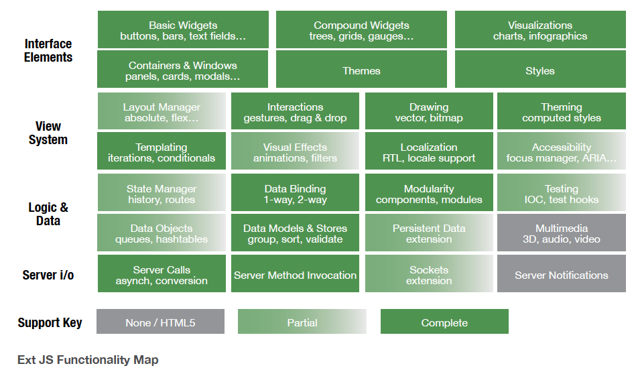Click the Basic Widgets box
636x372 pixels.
pos(183,29)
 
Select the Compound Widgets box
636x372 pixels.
pos(361,29)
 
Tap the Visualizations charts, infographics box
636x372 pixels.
pos(540,29)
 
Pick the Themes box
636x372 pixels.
pos(361,69)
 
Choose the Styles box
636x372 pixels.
pos(540,69)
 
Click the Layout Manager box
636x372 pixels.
pos(162,111)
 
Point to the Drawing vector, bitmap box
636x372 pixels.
pos(429,111)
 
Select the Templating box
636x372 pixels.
pos(162,151)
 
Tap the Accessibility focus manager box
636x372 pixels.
pos(562,151)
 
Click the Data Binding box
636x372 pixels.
pos(296,192)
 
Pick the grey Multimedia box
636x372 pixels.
pos(562,233)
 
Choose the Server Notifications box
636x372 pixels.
pos(562,273)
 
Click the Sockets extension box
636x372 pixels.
pos(429,273)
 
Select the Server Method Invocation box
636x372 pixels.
pos(296,273)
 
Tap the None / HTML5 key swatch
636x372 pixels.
pos(160,322)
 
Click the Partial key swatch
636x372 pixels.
pos(302,322)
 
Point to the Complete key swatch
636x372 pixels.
pos(444,322)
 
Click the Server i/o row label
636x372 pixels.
pos(48,275)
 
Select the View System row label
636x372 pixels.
pos(48,133)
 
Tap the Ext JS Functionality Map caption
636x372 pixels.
pos(88,360)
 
